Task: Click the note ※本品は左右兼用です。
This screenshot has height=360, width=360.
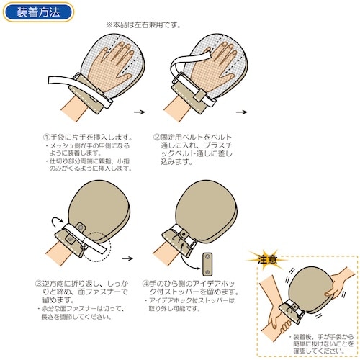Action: point(143,24)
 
